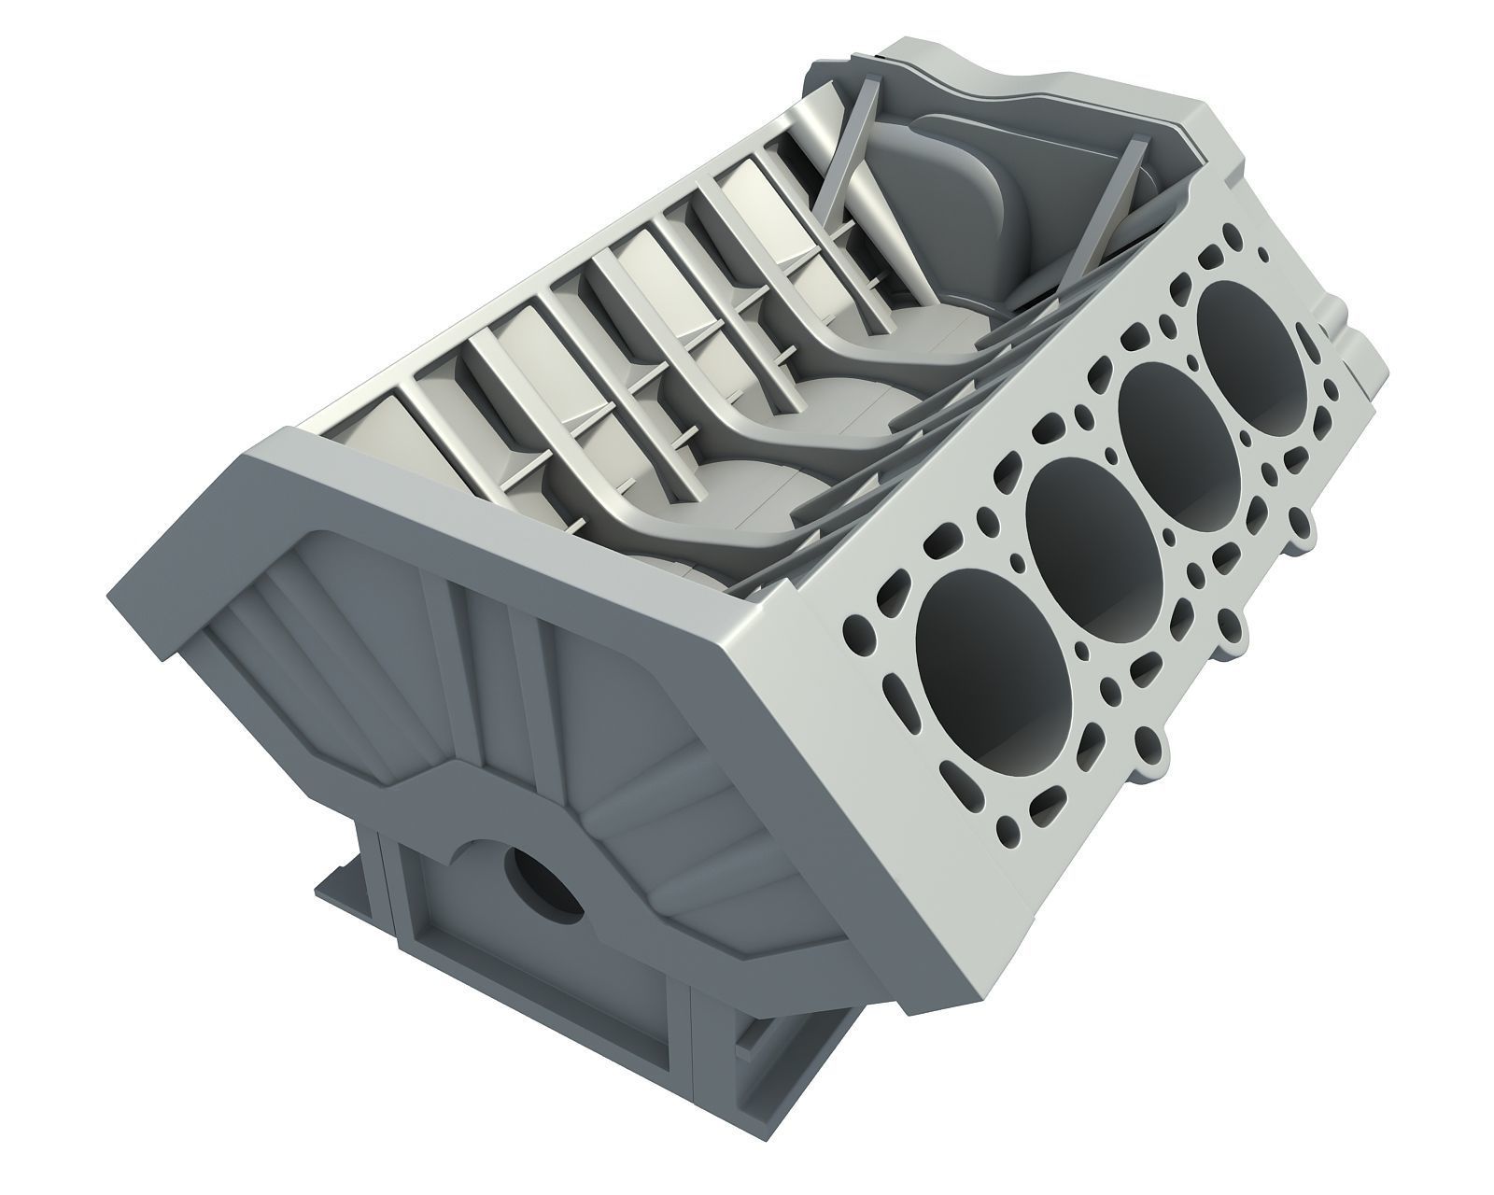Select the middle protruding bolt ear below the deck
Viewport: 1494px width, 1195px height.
click(1233, 636)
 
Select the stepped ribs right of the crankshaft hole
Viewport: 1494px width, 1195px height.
click(672, 840)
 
